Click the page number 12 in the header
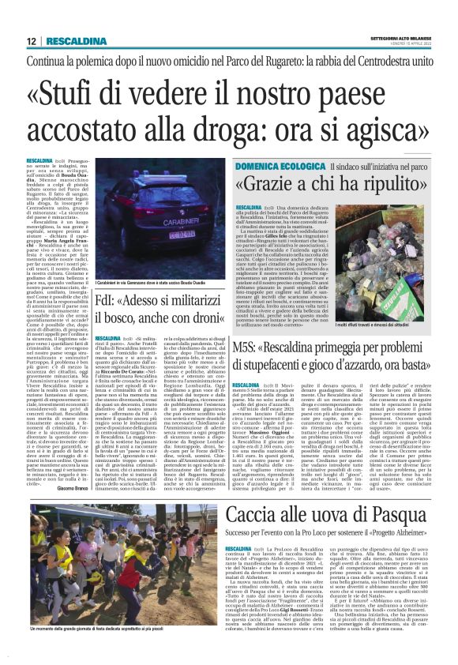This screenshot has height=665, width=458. coord(31,41)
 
